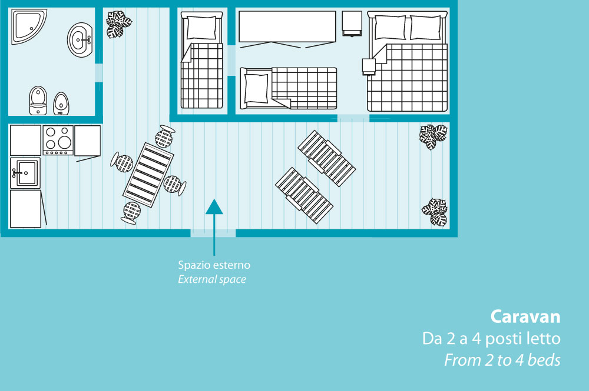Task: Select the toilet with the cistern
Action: click(38, 100)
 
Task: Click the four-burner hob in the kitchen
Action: click(58, 140)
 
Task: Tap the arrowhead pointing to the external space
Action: click(214, 206)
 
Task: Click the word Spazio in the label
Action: click(192, 266)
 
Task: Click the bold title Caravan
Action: click(525, 317)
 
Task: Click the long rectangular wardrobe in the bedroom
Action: click(287, 27)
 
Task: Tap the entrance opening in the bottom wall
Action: click(213, 233)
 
